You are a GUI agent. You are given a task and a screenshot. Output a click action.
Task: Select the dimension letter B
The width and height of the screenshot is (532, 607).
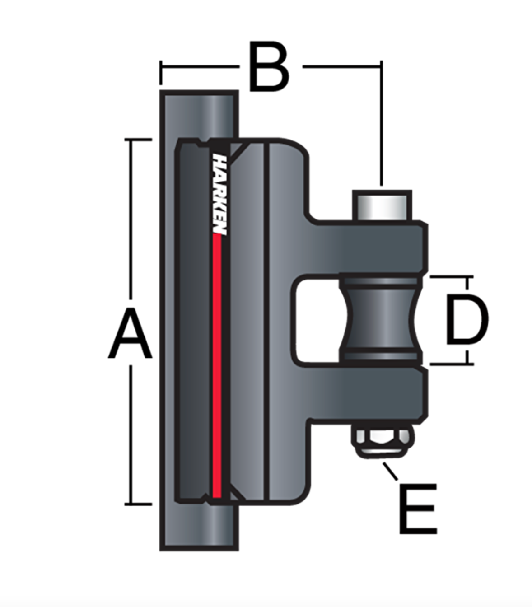tap(269, 66)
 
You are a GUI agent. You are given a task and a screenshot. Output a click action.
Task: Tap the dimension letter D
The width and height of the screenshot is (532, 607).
tap(467, 319)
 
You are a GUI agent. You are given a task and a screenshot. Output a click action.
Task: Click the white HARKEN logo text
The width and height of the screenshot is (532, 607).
tap(219, 195)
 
